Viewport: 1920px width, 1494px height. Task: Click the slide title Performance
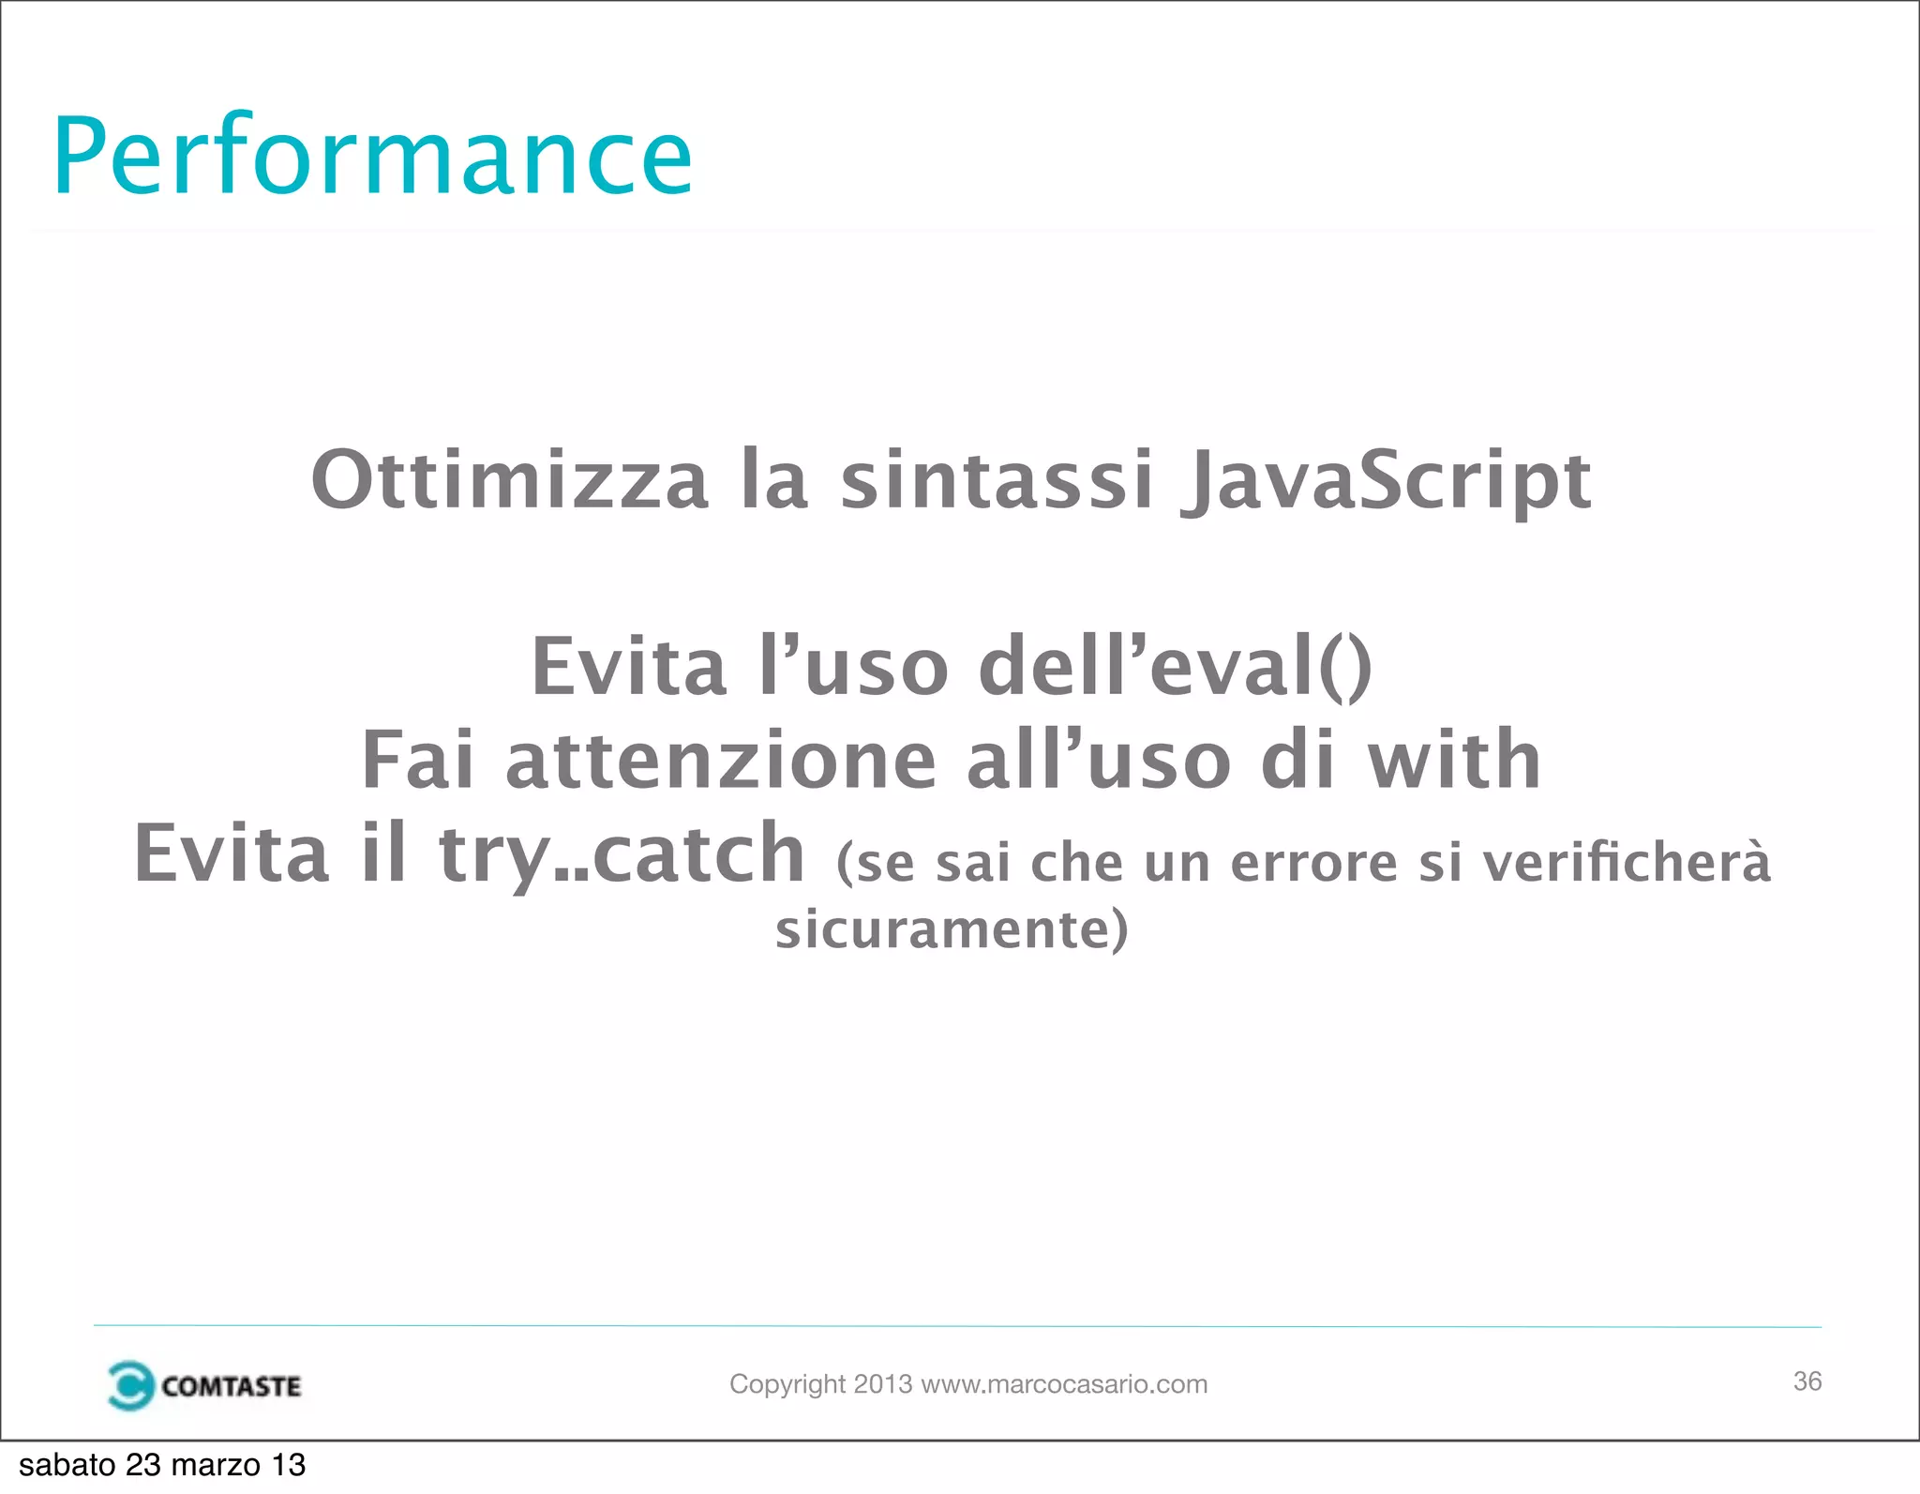(372, 156)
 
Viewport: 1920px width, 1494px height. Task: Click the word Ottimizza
(509, 480)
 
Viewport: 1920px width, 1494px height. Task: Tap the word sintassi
(996, 480)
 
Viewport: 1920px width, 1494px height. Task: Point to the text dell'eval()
(1175, 667)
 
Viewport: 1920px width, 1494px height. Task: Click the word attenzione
(721, 761)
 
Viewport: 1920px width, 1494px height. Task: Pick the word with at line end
(1454, 761)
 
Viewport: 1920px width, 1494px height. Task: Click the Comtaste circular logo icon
(129, 1385)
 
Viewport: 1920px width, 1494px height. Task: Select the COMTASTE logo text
(231, 1386)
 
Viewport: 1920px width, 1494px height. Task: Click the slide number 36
(1807, 1381)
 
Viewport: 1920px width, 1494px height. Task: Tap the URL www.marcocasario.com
(1064, 1384)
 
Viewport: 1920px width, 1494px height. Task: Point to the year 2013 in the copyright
(882, 1384)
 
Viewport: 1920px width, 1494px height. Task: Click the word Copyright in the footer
(787, 1384)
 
